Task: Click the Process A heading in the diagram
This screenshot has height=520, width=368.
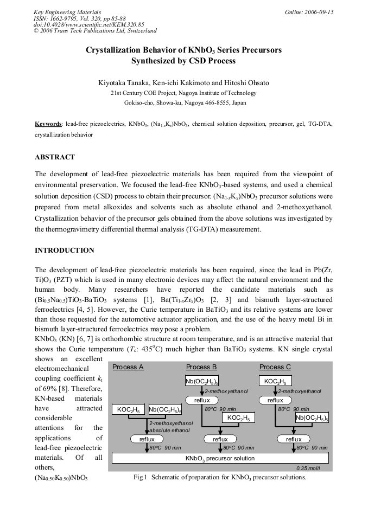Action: click(x=128, y=367)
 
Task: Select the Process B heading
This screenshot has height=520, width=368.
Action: click(x=201, y=367)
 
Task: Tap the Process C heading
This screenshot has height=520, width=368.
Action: click(x=275, y=367)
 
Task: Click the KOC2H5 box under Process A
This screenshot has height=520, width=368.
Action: click(x=129, y=409)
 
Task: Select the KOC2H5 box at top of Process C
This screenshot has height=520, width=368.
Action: click(x=275, y=381)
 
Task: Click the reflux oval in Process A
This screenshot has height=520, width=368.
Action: click(x=147, y=439)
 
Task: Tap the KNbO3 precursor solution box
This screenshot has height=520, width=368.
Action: click(x=220, y=458)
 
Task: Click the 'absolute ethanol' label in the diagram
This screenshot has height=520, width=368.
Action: click(x=167, y=430)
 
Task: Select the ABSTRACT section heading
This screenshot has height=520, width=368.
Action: click(x=55, y=157)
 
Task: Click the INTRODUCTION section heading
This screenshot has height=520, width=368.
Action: click(x=64, y=251)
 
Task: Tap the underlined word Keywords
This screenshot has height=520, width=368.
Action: click(x=48, y=124)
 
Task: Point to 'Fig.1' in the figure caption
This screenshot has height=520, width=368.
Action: click(x=141, y=478)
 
